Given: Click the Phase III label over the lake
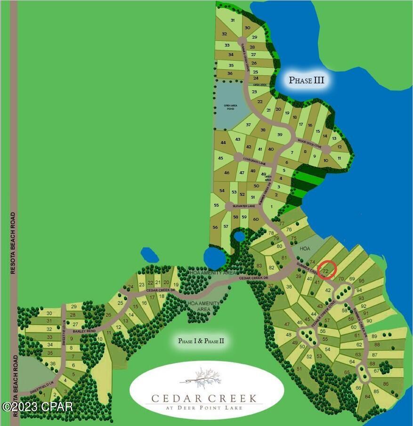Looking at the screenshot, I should (x=306, y=80).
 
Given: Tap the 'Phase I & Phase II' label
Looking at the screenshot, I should (x=201, y=341).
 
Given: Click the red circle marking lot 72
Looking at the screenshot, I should (x=327, y=270).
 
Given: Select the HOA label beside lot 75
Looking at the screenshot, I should (x=306, y=248).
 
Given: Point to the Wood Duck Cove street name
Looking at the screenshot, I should (x=309, y=141).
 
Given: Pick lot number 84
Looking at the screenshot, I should (x=367, y=396).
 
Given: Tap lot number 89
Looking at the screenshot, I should (x=374, y=336).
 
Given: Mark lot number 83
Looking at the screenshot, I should (x=259, y=265).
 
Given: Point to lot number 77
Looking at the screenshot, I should (x=282, y=224).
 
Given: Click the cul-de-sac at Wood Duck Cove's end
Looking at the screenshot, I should (x=326, y=149).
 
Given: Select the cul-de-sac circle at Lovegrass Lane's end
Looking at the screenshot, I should (x=238, y=157).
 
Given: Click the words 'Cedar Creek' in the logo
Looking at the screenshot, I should (x=204, y=398).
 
